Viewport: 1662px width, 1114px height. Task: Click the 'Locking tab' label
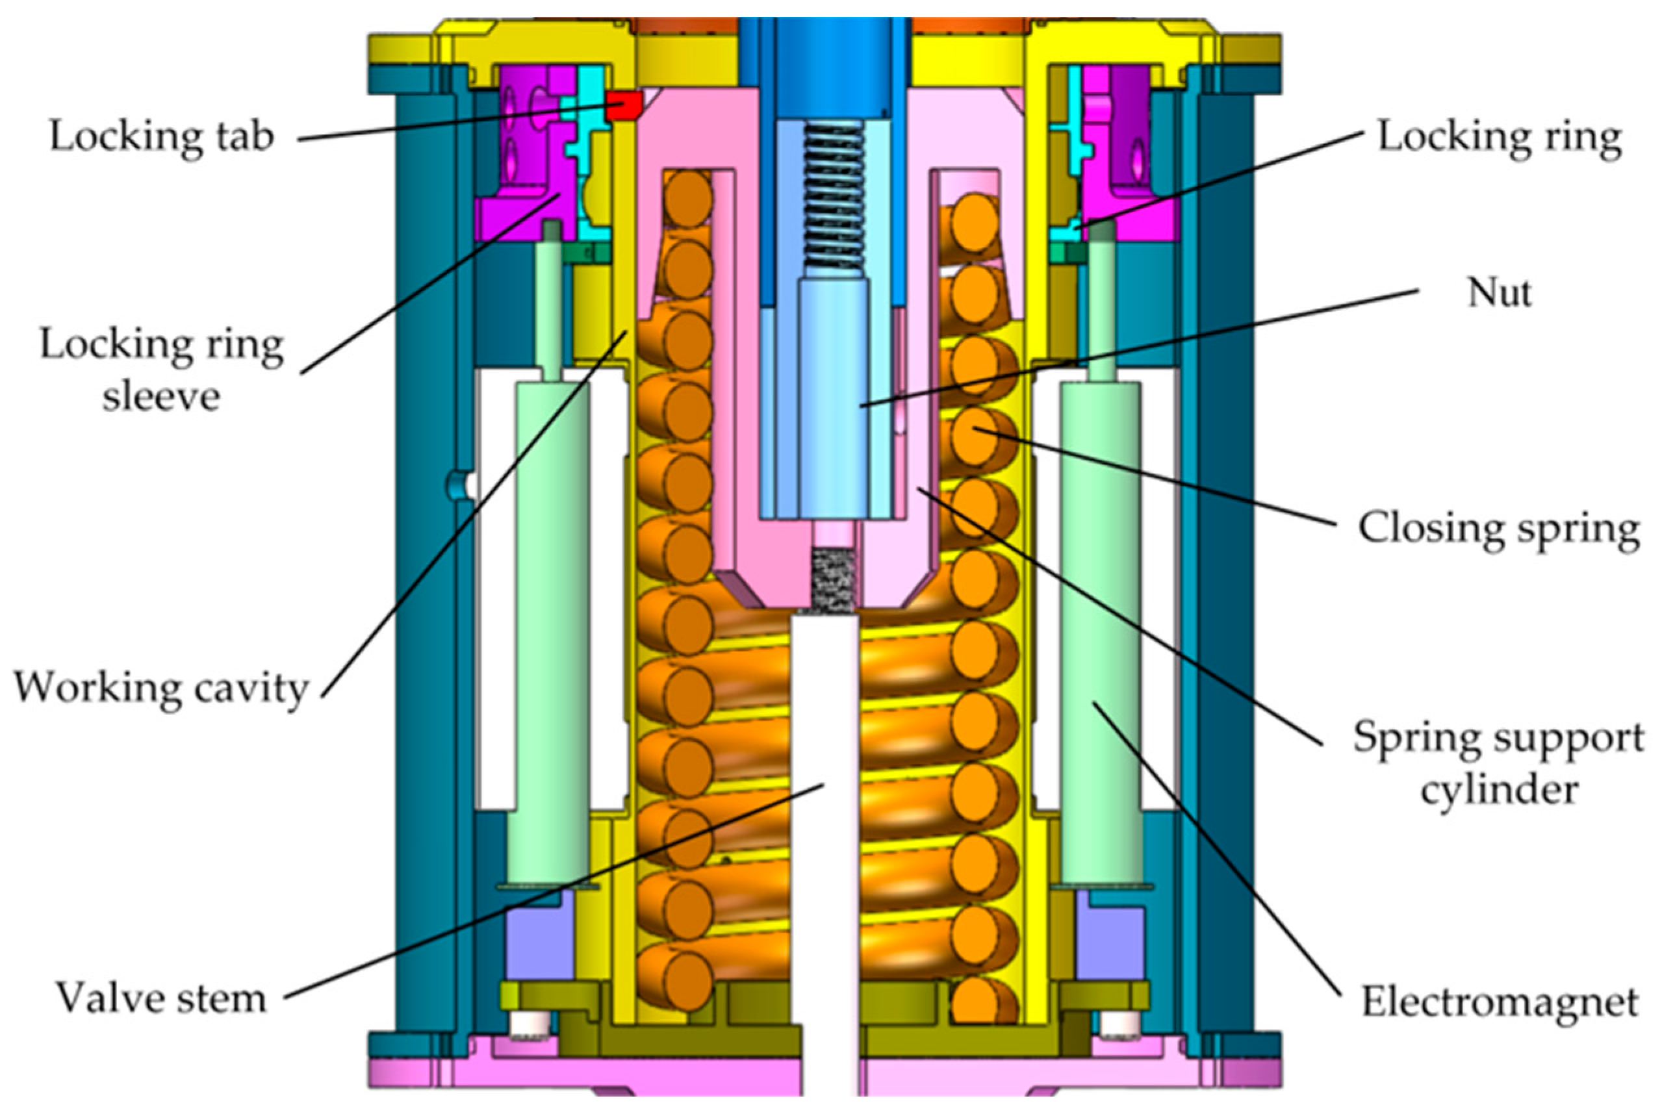[161, 136]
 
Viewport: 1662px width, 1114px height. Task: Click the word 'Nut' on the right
[1500, 293]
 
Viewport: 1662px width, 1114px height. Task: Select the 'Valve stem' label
[161, 998]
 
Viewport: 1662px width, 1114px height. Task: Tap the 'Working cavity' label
[161, 688]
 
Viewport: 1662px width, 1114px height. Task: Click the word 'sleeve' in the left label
[161, 396]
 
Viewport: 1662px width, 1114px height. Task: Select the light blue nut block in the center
[833, 398]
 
